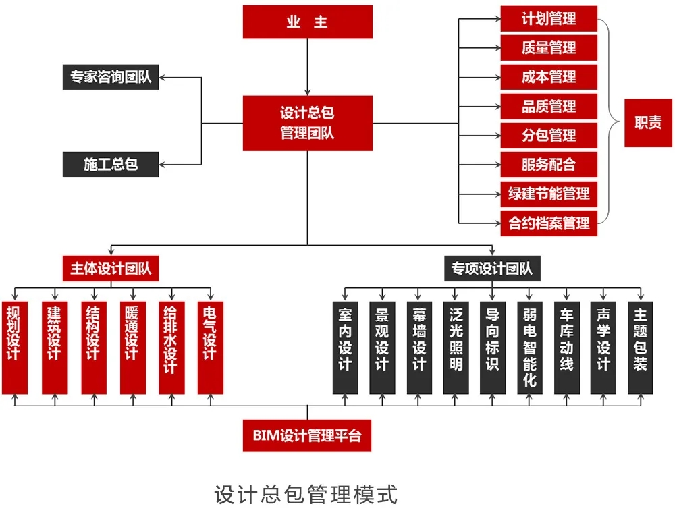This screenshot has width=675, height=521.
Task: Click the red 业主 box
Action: tap(307, 22)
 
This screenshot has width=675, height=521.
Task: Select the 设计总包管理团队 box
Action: tap(307, 123)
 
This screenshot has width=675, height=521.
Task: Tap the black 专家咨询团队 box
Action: tap(111, 77)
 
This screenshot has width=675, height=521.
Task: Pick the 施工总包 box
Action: tap(111, 164)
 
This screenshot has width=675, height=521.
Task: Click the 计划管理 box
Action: tap(549, 18)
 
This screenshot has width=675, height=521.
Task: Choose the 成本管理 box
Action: tap(549, 76)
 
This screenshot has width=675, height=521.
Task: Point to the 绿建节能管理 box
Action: tap(549, 193)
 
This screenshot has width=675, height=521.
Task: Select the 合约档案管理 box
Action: tap(549, 222)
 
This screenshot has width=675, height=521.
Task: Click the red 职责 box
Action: tap(648, 123)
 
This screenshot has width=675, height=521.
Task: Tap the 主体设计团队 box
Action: tap(111, 268)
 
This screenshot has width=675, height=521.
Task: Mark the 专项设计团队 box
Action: tap(492, 268)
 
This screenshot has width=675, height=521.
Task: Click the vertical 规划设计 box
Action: tap(15, 347)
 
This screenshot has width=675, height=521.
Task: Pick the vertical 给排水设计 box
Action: tap(170, 347)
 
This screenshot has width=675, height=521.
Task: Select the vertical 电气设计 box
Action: tap(209, 347)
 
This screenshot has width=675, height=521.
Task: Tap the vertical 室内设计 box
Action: tap(345, 347)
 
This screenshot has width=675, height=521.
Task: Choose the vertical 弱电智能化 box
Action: tap(529, 347)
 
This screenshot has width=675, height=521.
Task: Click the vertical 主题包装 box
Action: tap(640, 347)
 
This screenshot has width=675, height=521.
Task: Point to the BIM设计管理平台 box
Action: tap(307, 435)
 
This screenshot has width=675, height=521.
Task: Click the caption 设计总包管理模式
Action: tap(306, 494)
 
